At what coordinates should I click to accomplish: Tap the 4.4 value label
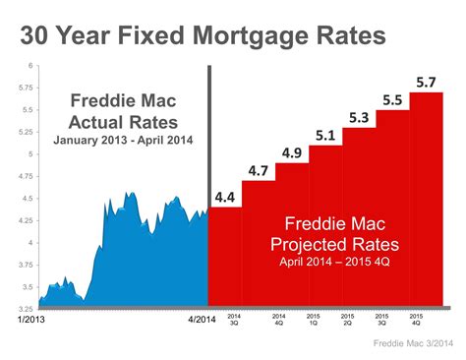[x=225, y=197]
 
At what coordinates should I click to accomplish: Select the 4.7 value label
[x=259, y=171]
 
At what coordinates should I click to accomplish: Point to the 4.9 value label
[x=292, y=152]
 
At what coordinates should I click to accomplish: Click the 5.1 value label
[x=324, y=135]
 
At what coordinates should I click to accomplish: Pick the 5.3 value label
[x=359, y=118]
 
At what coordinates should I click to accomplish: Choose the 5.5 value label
[x=392, y=99]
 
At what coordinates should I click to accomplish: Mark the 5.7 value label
[x=426, y=81]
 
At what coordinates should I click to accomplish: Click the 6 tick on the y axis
[x=31, y=66]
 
